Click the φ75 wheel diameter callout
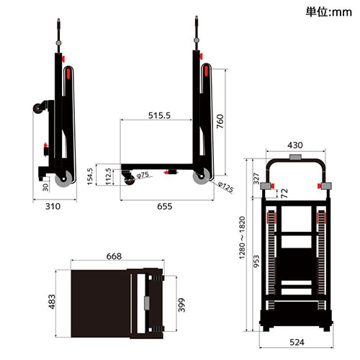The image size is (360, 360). pyautogui.click(x=143, y=174)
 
